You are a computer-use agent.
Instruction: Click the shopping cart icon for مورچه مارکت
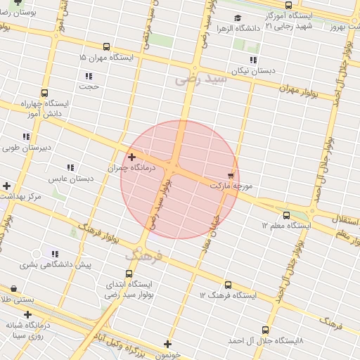[231, 174]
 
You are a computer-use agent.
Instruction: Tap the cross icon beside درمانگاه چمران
[131, 157]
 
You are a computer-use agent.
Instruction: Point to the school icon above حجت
[89, 75]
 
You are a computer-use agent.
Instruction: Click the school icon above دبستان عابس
[70, 167]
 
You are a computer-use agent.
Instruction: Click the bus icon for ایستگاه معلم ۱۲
[285, 215]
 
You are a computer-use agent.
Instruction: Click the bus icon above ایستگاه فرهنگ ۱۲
[227, 285]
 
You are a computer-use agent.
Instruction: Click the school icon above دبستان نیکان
[253, 60]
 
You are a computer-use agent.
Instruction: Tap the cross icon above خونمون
[167, 344]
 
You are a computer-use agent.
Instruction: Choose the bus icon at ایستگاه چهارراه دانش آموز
[45, 93]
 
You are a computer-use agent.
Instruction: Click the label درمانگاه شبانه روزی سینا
[28, 330]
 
